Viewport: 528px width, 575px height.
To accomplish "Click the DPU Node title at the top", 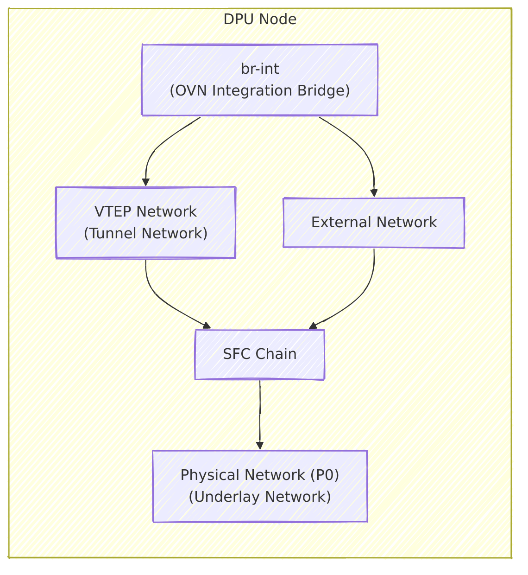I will click(x=260, y=19).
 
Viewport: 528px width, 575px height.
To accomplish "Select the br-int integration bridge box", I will click(x=260, y=80).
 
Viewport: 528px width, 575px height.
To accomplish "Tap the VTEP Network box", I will click(x=145, y=223).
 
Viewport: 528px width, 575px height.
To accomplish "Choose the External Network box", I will click(x=374, y=223).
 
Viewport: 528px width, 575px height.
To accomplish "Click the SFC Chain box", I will click(x=260, y=354).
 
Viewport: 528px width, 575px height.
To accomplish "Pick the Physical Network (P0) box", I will click(x=260, y=486).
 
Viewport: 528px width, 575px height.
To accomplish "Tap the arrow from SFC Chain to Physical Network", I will click(x=260, y=413).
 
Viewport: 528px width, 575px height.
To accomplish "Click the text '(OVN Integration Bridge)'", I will click(x=260, y=91).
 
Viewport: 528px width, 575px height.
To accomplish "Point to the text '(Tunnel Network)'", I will click(x=145, y=233).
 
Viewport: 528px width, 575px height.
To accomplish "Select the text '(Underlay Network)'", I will click(x=260, y=497).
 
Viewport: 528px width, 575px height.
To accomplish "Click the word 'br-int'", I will click(x=260, y=69).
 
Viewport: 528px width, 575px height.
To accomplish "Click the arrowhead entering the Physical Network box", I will click(x=260, y=446).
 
